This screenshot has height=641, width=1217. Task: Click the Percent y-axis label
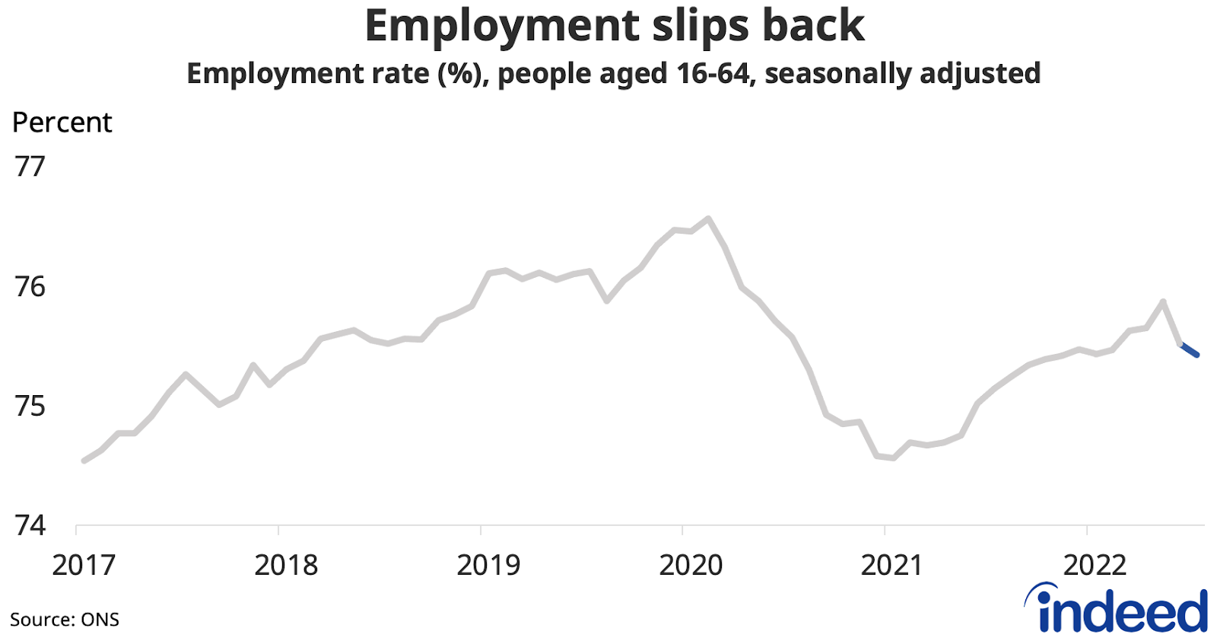pyautogui.click(x=62, y=123)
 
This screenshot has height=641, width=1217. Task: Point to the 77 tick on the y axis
pyautogui.click(x=30, y=167)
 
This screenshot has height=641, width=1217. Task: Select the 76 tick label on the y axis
pyautogui.click(x=30, y=287)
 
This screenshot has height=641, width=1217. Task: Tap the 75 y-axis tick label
pyautogui.click(x=30, y=407)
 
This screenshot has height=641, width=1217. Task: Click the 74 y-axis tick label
pyautogui.click(x=30, y=526)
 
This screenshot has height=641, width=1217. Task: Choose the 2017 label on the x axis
pyautogui.click(x=84, y=566)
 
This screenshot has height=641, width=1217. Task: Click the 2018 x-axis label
pyautogui.click(x=286, y=566)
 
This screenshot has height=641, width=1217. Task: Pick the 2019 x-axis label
pyautogui.click(x=488, y=566)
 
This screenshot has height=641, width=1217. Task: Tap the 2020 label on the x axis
pyautogui.click(x=690, y=566)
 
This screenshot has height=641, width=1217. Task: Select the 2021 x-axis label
pyautogui.click(x=891, y=566)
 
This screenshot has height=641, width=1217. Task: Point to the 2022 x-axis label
pyautogui.click(x=1094, y=566)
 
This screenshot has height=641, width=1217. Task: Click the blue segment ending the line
pyautogui.click(x=1190, y=350)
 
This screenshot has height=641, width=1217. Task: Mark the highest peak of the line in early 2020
pyautogui.click(x=708, y=219)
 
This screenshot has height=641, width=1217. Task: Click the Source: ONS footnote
pyautogui.click(x=65, y=620)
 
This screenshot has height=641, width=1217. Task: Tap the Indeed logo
pyautogui.click(x=1117, y=609)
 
